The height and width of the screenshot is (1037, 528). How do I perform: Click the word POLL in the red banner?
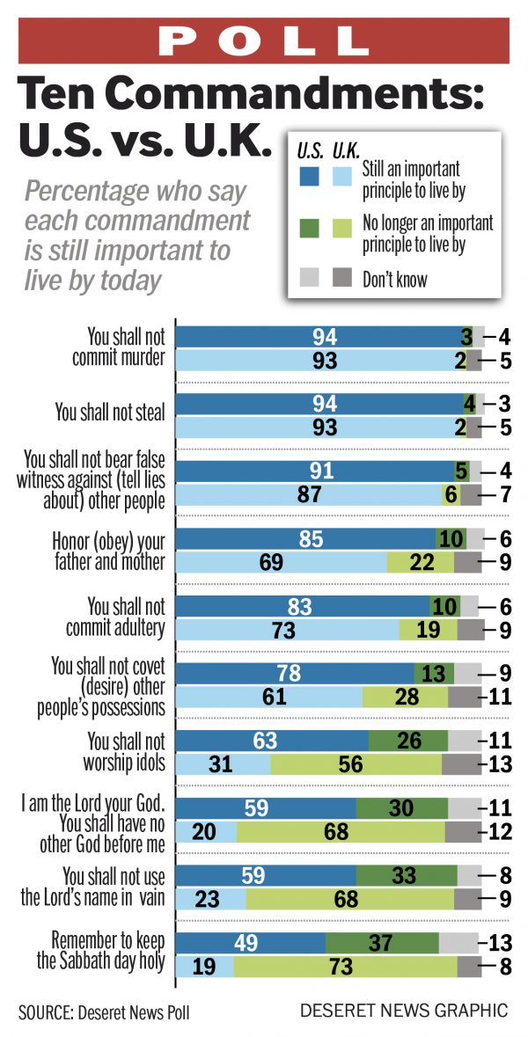[264, 40]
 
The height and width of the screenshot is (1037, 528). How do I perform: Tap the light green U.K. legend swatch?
[342, 230]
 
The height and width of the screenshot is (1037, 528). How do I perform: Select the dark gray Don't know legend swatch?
[342, 280]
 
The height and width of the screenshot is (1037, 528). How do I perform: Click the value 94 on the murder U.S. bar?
[323, 335]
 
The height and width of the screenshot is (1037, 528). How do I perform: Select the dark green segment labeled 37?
[382, 942]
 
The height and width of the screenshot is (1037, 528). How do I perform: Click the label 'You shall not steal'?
[110, 412]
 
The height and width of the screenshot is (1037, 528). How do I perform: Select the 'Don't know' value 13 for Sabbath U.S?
[500, 942]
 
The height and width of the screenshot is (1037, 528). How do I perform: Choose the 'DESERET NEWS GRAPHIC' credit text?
[404, 1011]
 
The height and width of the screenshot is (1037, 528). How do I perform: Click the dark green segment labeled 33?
[406, 875]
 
